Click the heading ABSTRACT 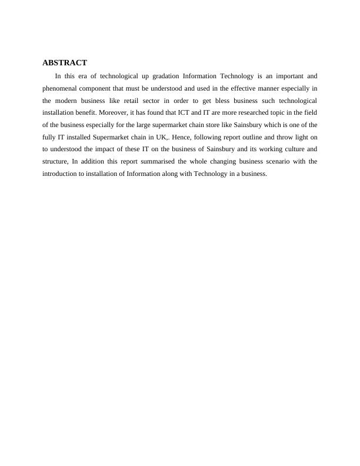tap(65, 62)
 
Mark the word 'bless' tap(222, 101)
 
